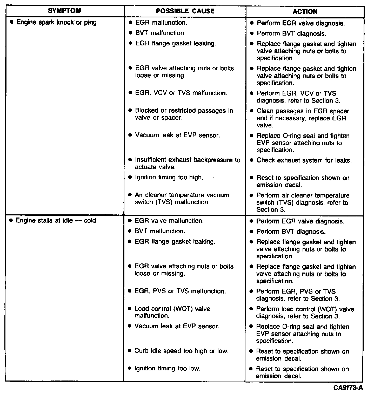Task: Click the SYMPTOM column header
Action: pyautogui.click(x=64, y=11)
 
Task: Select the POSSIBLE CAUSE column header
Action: pyautogui.click(x=185, y=11)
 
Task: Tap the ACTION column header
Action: pyautogui.click(x=305, y=12)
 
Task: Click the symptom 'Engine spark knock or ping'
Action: pyautogui.click(x=56, y=22)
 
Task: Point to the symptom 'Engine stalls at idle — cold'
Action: pyautogui.click(x=56, y=220)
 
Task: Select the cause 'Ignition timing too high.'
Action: pyautogui.click(x=169, y=178)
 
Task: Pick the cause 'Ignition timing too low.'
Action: pyautogui.click(x=168, y=368)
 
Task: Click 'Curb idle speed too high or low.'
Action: pyautogui.click(x=181, y=351)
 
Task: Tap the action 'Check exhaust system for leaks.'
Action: pyautogui.click(x=304, y=160)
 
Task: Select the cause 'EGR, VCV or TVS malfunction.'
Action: pyautogui.click(x=181, y=93)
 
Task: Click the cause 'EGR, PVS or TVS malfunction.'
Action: pyautogui.click(x=180, y=291)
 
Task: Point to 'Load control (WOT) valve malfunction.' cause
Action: pyautogui.click(x=172, y=312)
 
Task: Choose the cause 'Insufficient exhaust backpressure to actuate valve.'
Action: pyautogui.click(x=187, y=163)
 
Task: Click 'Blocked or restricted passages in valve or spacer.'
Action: pyautogui.click(x=184, y=114)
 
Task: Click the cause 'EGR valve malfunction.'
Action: pyautogui.click(x=169, y=221)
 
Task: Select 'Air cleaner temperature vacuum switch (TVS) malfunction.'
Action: pyautogui.click(x=182, y=199)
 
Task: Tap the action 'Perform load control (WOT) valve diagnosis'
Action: pyautogui.click(x=305, y=313)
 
